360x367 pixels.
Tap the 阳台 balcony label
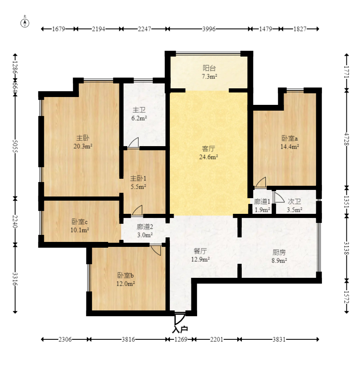(x=209, y=68)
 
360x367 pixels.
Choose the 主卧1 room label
(x=138, y=178)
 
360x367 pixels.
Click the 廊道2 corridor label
(x=145, y=227)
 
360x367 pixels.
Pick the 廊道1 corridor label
(x=262, y=201)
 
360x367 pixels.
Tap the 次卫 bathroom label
(x=294, y=201)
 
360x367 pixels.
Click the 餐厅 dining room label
(x=200, y=251)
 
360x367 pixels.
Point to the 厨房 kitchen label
(x=279, y=252)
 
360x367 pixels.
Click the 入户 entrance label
(x=180, y=329)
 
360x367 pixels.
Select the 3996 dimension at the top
(x=209, y=29)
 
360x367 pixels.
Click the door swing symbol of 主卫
(x=134, y=143)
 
